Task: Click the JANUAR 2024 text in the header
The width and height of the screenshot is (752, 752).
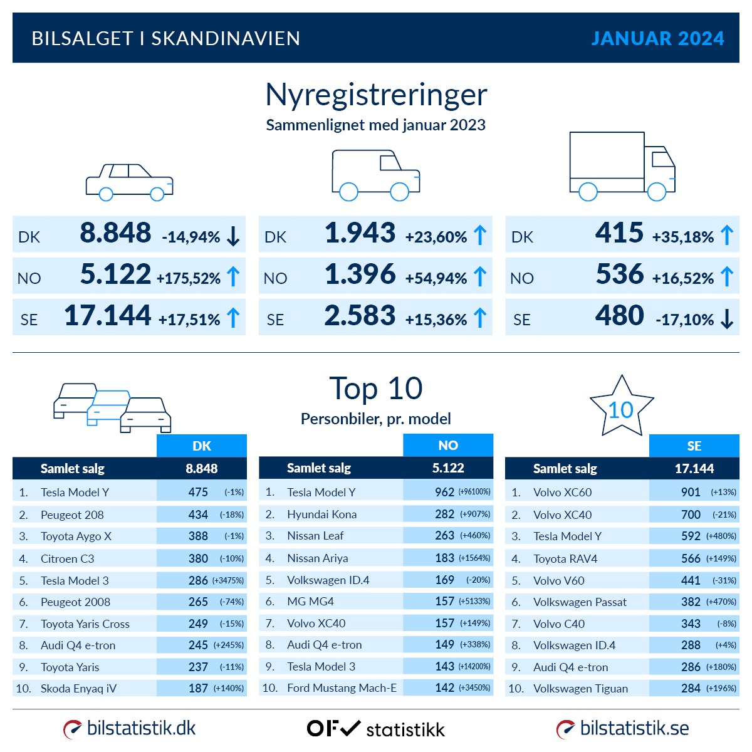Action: [657, 38]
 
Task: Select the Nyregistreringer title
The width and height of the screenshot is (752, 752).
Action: [376, 95]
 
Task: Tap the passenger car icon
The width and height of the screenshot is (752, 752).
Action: [129, 182]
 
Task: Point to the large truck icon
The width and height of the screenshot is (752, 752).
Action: [622, 166]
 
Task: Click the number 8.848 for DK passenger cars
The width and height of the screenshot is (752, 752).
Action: [115, 233]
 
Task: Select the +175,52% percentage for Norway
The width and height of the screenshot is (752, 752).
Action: [188, 278]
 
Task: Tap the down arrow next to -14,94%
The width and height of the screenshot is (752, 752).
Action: [233, 236]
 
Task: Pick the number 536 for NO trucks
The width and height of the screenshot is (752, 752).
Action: [619, 274]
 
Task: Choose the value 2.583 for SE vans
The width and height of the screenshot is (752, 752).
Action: [360, 316]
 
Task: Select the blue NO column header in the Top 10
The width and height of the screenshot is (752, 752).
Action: [448, 445]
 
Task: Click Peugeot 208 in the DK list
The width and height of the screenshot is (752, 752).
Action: [72, 514]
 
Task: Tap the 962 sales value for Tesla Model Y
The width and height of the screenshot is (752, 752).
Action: [444, 492]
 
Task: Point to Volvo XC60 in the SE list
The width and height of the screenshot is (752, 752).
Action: [562, 493]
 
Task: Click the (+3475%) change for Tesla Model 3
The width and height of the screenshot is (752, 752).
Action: [228, 580]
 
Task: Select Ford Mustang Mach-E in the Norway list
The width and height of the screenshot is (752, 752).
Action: [342, 688]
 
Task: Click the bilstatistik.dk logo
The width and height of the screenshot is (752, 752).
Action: [130, 728]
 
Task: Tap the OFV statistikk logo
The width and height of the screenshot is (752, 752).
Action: [376, 729]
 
